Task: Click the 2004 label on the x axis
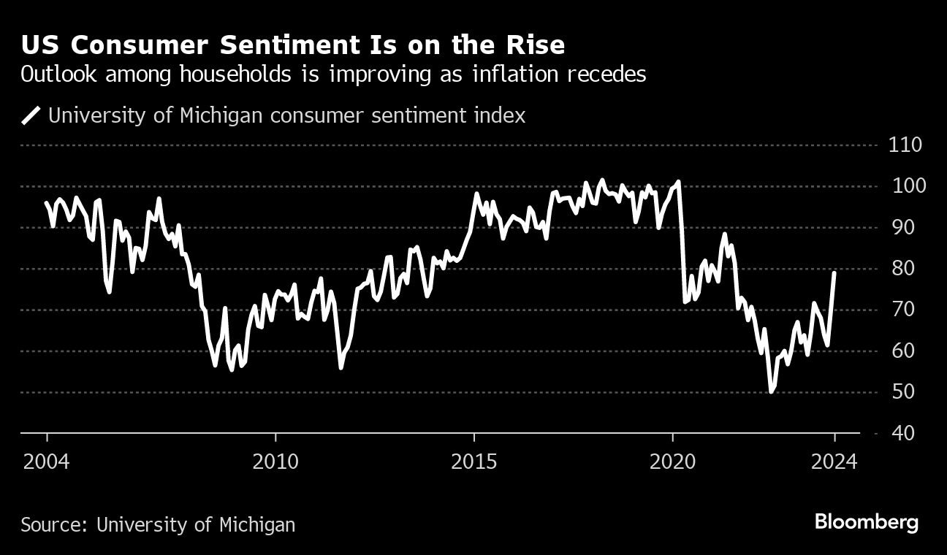point(47,462)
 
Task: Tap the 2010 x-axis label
point(275,462)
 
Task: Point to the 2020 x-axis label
point(672,462)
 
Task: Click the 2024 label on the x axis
point(834,462)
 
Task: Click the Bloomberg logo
point(867,523)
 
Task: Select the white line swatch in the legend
point(31,116)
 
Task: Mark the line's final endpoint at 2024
point(834,272)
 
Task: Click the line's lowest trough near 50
point(771,392)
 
